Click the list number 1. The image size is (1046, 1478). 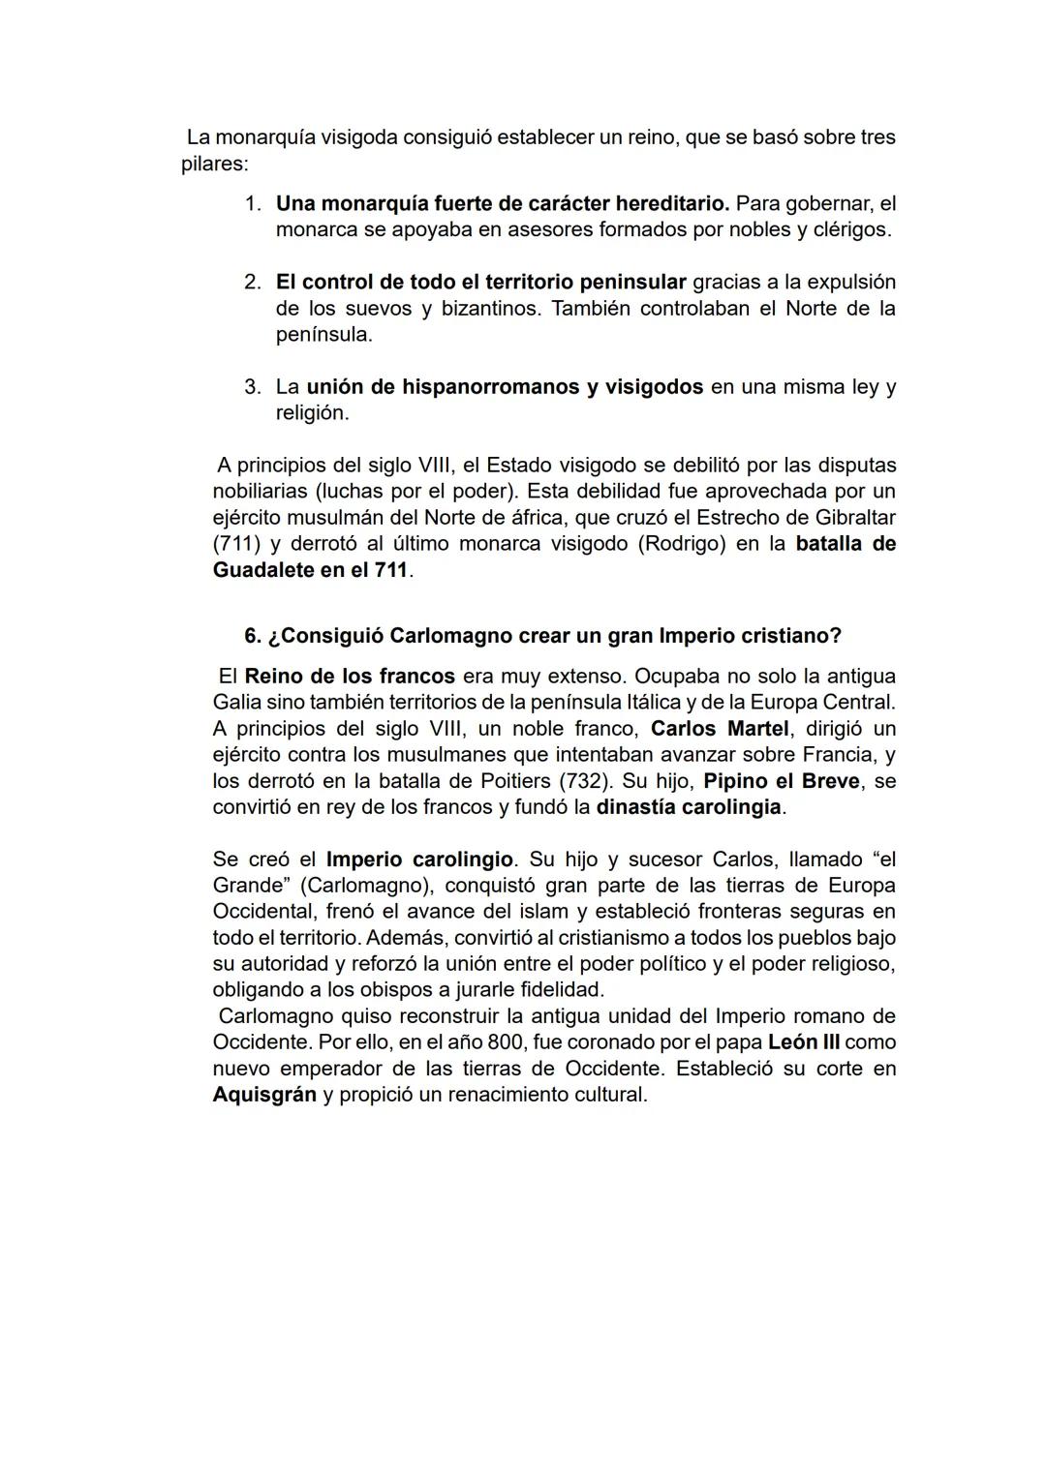[x=251, y=204]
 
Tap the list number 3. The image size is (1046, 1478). [x=251, y=387]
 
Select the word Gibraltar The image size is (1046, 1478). [x=847, y=518]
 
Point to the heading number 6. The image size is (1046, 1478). [x=252, y=636]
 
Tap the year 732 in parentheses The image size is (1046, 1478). [x=587, y=780]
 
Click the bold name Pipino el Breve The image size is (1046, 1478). [x=781, y=780]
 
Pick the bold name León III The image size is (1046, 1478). [x=804, y=1042]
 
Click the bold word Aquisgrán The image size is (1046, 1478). [x=264, y=1095]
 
